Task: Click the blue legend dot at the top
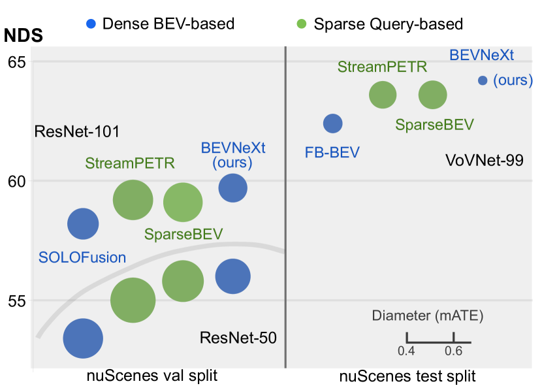coord(91,24)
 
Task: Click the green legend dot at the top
coord(301,24)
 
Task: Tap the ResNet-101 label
coord(77,132)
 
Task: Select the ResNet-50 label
coord(238,338)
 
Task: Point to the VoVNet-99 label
coord(484,160)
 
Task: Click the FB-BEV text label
coord(332,152)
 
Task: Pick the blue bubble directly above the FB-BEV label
coord(333,123)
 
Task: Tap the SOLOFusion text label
coord(82,257)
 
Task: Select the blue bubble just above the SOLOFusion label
coord(83,224)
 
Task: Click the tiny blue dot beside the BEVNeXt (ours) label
coord(483,80)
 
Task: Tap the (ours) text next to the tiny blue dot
coord(513,80)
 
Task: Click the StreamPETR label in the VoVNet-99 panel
coord(382,67)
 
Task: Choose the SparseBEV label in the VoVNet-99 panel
coord(434,125)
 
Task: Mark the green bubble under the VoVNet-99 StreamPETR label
coord(383,95)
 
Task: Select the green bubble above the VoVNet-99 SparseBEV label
coord(432,95)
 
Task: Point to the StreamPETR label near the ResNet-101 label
coord(130,163)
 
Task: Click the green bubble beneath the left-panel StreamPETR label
coord(133,201)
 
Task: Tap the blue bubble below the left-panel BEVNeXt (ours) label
coord(233,188)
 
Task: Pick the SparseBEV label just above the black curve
coord(183,234)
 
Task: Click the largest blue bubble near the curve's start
coord(83,338)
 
